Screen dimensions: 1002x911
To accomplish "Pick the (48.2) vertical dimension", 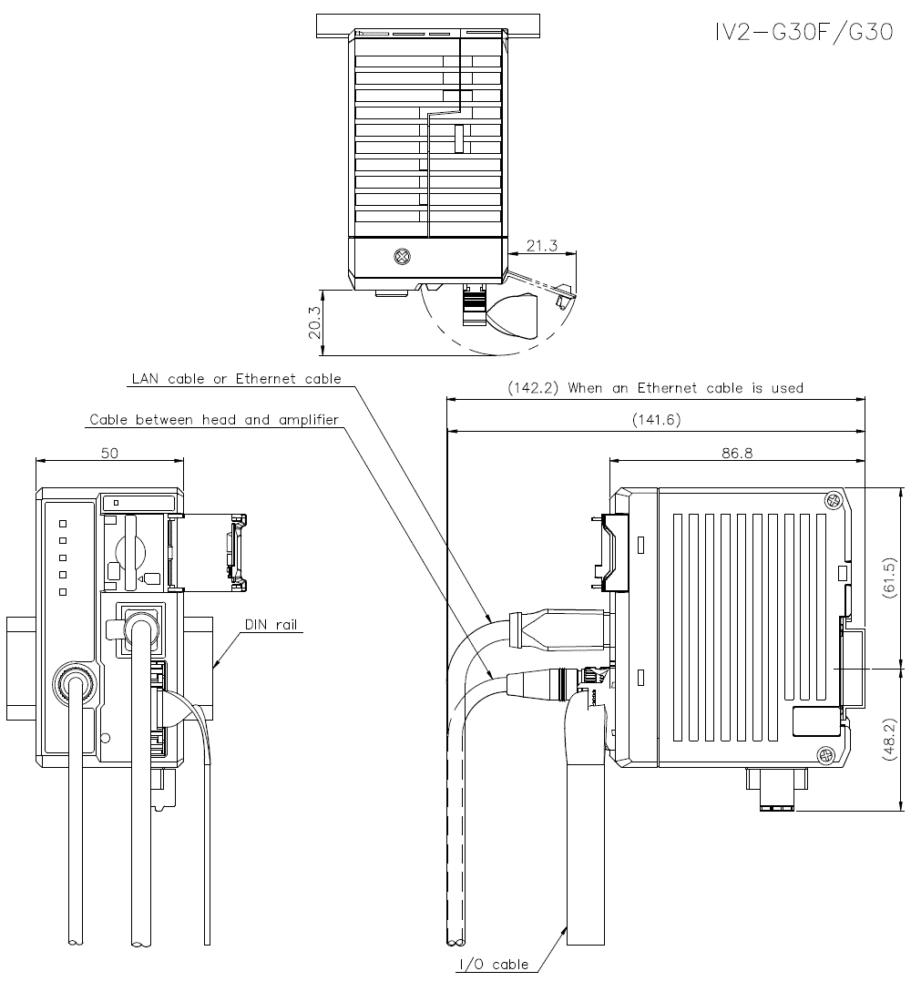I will (x=892, y=740).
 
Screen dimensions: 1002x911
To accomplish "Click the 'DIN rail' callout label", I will (x=271, y=625).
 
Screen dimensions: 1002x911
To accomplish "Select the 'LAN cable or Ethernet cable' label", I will (x=236, y=378).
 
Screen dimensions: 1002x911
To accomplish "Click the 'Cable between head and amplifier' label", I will (x=214, y=420).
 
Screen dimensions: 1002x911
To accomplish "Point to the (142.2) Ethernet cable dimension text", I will (x=655, y=388).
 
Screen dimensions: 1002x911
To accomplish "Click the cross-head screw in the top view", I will (x=400, y=257).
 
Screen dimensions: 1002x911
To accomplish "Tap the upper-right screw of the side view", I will (x=831, y=500).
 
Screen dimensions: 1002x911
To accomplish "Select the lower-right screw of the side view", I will (x=824, y=754).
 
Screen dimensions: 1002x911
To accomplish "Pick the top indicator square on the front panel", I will (x=62, y=524).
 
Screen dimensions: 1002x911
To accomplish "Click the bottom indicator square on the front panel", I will (x=62, y=592).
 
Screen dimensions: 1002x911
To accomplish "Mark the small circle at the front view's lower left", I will (x=107, y=737).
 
